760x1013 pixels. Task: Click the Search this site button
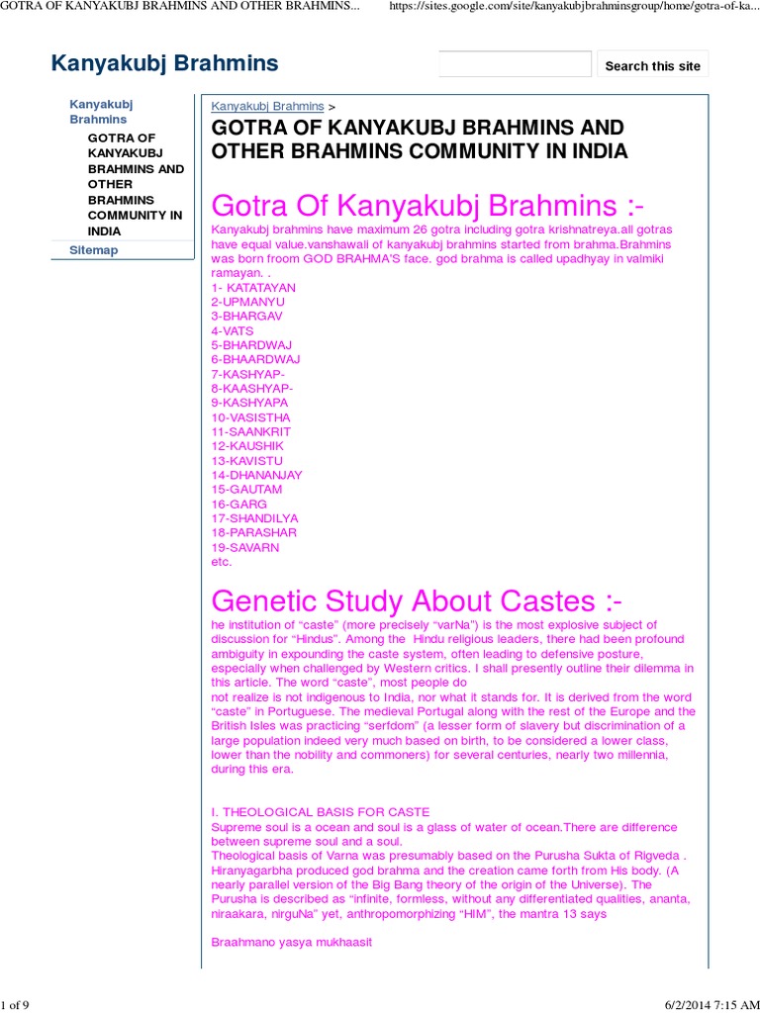click(x=652, y=65)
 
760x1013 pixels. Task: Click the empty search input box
click(x=515, y=65)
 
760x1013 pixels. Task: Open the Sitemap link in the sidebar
click(x=93, y=250)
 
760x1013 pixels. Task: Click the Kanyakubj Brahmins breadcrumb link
click(x=267, y=106)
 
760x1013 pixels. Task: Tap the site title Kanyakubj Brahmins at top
click(x=164, y=64)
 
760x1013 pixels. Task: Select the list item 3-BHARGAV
click(x=246, y=317)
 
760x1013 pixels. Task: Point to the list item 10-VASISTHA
click(x=250, y=417)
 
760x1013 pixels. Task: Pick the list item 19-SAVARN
click(x=244, y=547)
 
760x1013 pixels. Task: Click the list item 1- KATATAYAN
click(x=253, y=288)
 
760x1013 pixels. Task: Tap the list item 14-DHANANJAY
click(x=256, y=475)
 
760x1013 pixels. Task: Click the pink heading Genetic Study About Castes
click(x=418, y=600)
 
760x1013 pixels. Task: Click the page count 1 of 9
click(x=15, y=1005)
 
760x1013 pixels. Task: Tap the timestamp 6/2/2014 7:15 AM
click(x=705, y=1005)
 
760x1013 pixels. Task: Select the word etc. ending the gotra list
click(x=222, y=562)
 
